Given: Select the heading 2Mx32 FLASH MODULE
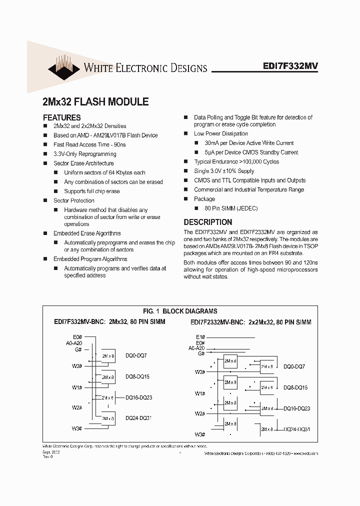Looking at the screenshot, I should (x=95, y=101).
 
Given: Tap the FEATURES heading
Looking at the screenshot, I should (x=61, y=117).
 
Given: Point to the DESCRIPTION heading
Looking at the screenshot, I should (x=207, y=222).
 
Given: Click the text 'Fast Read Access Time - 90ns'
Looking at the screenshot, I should (x=89, y=144).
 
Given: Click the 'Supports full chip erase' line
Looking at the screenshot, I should (x=91, y=191).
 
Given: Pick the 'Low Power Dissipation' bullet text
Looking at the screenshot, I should (x=220, y=133).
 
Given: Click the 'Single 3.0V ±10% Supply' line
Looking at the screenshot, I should (x=224, y=171).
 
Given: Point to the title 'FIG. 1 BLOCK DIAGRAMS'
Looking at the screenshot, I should (x=180, y=311).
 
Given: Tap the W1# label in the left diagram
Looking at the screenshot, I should (x=77, y=387).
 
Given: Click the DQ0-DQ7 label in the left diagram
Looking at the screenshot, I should (x=136, y=355).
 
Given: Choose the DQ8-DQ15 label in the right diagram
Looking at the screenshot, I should (x=295, y=387).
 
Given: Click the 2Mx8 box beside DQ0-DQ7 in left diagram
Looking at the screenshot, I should (x=107, y=355).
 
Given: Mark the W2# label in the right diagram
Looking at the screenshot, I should (x=200, y=413).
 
